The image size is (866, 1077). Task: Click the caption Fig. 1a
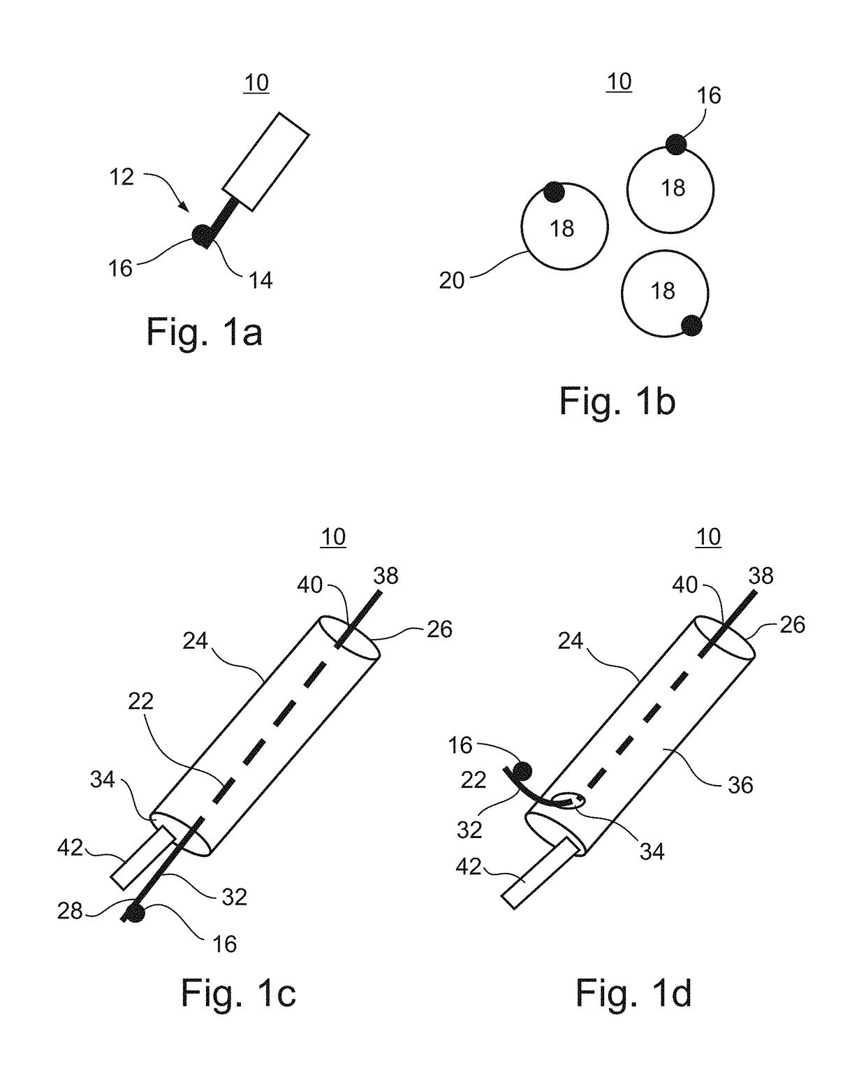(204, 332)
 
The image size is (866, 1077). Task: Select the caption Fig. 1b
(617, 402)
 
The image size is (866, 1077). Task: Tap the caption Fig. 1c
(238, 992)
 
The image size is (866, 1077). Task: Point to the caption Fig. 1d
(633, 992)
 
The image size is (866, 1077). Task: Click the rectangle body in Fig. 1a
(266, 161)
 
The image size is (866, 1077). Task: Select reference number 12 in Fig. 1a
(121, 177)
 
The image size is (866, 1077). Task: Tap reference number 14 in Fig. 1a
(260, 280)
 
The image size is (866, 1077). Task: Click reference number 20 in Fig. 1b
(452, 280)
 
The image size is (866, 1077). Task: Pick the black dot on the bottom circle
(691, 325)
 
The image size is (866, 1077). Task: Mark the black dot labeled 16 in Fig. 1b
(675, 145)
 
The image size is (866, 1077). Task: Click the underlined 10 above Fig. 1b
(619, 82)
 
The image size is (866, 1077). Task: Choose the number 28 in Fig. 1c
(70, 911)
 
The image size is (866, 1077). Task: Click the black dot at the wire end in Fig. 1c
(135, 913)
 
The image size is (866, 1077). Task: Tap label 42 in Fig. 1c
(70, 847)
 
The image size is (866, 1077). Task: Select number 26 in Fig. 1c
(439, 629)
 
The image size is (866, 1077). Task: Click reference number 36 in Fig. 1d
(740, 785)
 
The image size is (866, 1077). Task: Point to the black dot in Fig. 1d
(522, 771)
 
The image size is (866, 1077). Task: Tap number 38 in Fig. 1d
(761, 576)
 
